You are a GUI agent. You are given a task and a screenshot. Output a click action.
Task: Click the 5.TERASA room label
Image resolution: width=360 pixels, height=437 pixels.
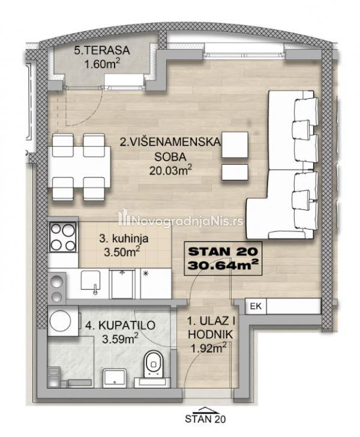click(x=102, y=50)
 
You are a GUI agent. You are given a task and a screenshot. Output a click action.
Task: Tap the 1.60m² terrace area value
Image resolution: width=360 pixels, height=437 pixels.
click(x=103, y=64)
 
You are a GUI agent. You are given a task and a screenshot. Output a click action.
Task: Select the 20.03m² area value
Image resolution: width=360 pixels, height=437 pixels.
click(x=170, y=170)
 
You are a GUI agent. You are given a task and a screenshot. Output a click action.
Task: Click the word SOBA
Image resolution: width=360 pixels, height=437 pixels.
click(x=170, y=156)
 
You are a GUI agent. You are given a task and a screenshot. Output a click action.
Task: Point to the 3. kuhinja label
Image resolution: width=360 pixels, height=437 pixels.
click(x=124, y=239)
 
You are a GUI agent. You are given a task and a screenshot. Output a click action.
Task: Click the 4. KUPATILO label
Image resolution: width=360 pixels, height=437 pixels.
click(x=120, y=326)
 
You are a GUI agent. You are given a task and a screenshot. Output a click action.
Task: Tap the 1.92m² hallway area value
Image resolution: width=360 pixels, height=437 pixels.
click(x=208, y=348)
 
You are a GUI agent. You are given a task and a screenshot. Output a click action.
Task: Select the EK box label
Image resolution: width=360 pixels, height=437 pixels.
click(x=256, y=306)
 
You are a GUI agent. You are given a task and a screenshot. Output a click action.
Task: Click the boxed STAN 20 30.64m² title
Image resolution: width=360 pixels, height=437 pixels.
click(x=223, y=258)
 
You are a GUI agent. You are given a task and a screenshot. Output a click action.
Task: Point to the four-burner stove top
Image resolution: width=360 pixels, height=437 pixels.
click(x=63, y=237)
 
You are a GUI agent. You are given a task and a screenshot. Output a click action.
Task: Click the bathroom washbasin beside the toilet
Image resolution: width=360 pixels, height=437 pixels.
click(x=115, y=378)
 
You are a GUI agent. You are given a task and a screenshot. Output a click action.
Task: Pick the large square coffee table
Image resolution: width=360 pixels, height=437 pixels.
click(x=235, y=144)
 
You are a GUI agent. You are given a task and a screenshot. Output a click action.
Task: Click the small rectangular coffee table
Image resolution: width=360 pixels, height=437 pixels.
click(x=235, y=172)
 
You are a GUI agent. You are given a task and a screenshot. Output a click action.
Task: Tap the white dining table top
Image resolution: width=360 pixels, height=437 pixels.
click(x=79, y=167)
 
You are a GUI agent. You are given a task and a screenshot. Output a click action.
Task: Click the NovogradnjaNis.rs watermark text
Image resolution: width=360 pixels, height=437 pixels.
click(x=179, y=221)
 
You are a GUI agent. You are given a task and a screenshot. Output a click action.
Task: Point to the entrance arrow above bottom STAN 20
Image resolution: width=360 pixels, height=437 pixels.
click(x=205, y=410)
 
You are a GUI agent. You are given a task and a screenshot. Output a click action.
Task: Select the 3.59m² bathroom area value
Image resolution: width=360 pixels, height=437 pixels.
click(x=120, y=339)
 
